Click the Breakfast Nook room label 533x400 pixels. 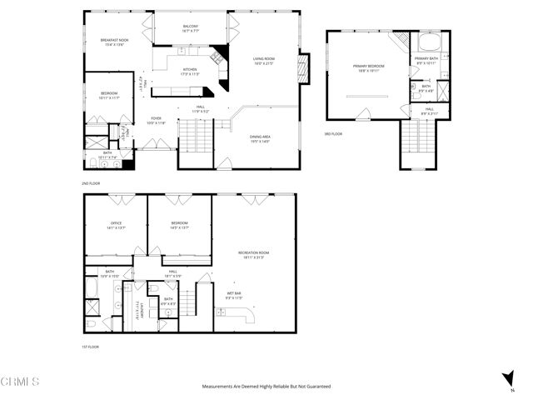(x=114, y=41)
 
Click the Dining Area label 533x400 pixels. (x=260, y=137)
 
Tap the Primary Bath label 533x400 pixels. (x=426, y=59)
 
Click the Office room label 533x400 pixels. (x=117, y=223)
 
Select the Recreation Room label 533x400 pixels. (x=253, y=252)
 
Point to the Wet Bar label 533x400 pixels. (x=233, y=293)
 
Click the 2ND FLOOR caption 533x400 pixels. (x=92, y=182)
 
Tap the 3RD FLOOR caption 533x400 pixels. (x=332, y=132)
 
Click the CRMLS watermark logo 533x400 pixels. (x=20, y=382)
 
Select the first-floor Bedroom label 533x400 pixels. (x=180, y=223)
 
